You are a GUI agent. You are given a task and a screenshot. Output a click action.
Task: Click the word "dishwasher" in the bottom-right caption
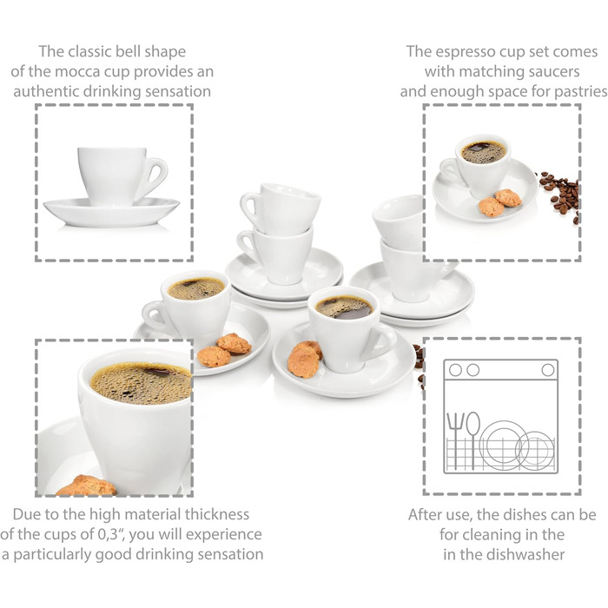click(525, 554)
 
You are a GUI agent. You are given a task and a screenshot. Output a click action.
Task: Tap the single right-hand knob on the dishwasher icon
click(547, 370)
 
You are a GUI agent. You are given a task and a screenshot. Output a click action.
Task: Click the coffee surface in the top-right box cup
click(484, 152)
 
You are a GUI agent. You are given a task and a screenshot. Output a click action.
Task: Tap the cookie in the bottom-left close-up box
click(87, 485)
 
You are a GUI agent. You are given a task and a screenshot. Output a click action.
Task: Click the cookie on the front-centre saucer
click(304, 359)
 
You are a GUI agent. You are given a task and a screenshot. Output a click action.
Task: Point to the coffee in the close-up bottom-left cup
click(142, 383)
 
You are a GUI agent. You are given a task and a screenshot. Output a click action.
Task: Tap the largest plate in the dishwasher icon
click(503, 445)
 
